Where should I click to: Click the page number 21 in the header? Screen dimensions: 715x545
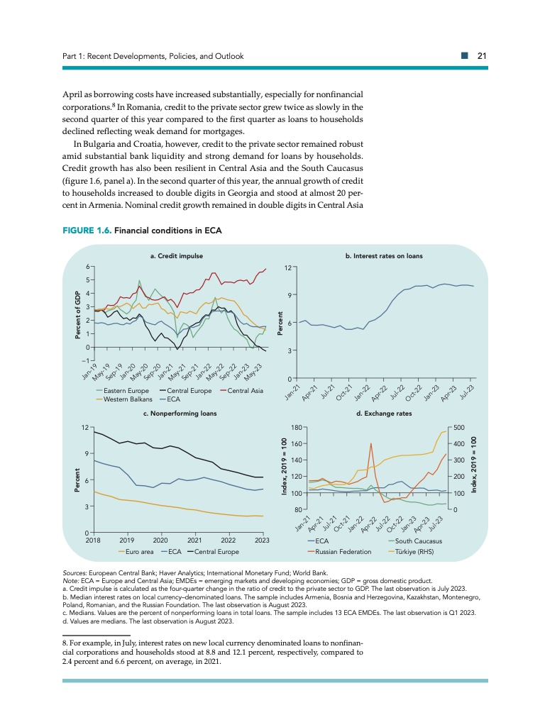point(480,56)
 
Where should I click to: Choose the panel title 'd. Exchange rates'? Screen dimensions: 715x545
point(388,412)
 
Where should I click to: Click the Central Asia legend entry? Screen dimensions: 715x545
point(247,391)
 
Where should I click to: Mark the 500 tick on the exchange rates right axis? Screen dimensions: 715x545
point(458,428)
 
